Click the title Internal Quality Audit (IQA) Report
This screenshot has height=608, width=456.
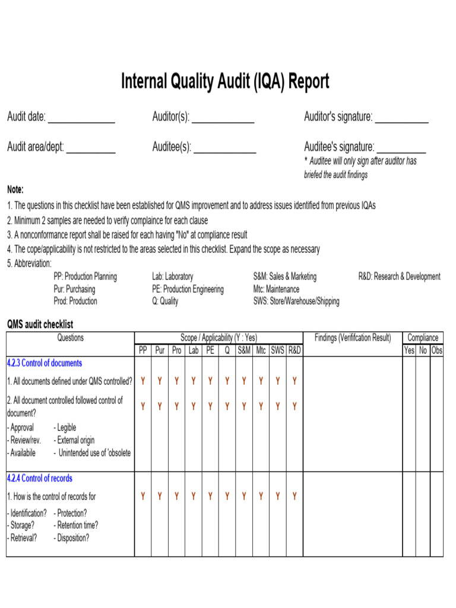pyautogui.click(x=224, y=81)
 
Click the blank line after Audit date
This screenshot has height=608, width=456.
pyautogui.click(x=81, y=121)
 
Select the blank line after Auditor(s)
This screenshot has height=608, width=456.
pyautogui.click(x=223, y=121)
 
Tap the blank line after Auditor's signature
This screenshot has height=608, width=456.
pyautogui.click(x=402, y=121)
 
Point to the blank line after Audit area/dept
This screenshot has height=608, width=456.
pyautogui.click(x=91, y=151)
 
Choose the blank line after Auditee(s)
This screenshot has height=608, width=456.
pyautogui.click(x=225, y=151)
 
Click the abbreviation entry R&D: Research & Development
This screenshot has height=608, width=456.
pyautogui.click(x=399, y=276)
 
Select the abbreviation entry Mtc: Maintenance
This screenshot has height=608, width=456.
pyautogui.click(x=276, y=289)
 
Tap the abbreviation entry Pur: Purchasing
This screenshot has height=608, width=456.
pyautogui.click(x=74, y=289)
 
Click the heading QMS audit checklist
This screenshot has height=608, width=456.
pyautogui.click(x=40, y=324)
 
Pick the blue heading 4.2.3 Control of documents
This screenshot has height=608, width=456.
pyautogui.click(x=45, y=363)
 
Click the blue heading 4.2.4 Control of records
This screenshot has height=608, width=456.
pyautogui.click(x=40, y=478)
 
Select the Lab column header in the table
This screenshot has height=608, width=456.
pyautogui.click(x=194, y=350)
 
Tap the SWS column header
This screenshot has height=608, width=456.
pyautogui.click(x=277, y=350)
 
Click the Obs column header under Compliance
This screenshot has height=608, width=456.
pyautogui.click(x=437, y=350)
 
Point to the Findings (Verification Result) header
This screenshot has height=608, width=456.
pyautogui.click(x=353, y=338)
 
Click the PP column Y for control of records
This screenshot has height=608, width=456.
pyautogui.click(x=143, y=496)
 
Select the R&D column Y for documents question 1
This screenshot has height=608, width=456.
pyautogui.click(x=294, y=381)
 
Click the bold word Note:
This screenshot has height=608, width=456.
pyautogui.click(x=15, y=190)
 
